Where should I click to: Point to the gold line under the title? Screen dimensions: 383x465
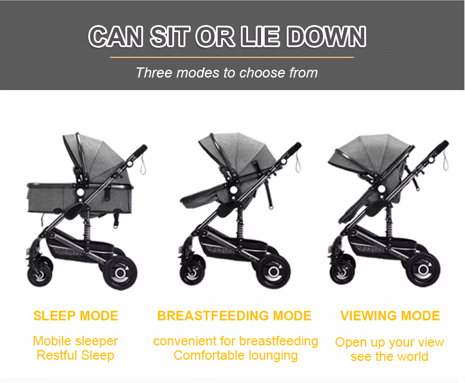click(232, 58)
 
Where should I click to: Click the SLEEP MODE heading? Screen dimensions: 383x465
click(76, 316)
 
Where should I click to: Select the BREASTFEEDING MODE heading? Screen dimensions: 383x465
click(234, 316)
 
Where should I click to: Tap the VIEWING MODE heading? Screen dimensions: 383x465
click(390, 316)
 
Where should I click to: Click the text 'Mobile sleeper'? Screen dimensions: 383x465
click(76, 341)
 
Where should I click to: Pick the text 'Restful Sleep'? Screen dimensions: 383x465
click(76, 356)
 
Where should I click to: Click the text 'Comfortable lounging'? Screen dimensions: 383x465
click(235, 356)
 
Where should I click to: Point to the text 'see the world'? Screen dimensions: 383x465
click(389, 357)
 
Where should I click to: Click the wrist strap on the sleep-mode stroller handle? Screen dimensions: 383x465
click(142, 165)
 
